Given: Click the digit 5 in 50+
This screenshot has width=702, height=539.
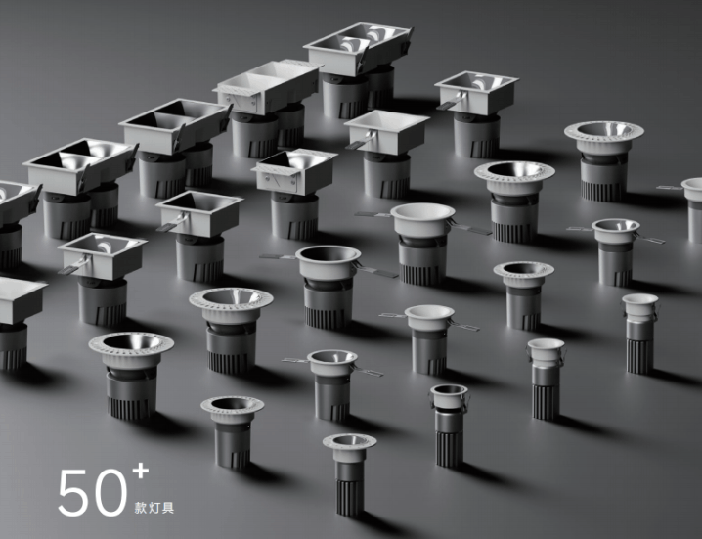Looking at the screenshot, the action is click(x=73, y=492).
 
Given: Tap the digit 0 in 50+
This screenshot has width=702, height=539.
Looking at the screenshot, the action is click(x=110, y=492).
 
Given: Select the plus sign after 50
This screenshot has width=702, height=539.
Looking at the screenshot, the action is click(x=140, y=471).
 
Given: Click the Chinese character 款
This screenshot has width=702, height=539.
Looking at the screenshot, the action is click(x=141, y=508).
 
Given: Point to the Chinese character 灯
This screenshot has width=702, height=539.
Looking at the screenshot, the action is click(x=154, y=508).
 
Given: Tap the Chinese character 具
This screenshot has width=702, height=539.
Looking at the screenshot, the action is click(x=168, y=508).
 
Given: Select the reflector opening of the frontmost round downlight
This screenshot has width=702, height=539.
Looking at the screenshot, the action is click(x=349, y=441).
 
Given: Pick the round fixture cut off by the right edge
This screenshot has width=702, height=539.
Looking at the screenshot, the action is click(x=691, y=209).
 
